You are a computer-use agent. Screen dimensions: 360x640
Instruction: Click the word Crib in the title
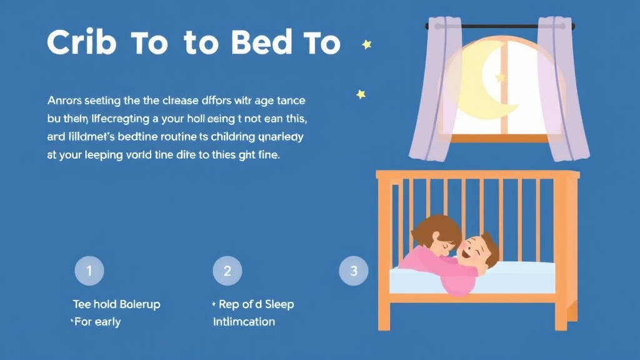[81, 43]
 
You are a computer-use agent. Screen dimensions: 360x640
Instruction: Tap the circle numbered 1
[89, 271]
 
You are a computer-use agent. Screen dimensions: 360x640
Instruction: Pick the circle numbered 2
[227, 271]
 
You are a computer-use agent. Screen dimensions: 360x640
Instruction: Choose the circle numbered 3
[354, 271]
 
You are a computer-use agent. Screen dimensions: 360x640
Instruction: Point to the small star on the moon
[500, 77]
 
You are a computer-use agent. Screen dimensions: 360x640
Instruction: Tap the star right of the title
[366, 44]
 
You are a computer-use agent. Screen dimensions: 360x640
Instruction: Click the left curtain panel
[431, 94]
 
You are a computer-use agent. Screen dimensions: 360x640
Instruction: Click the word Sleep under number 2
[279, 304]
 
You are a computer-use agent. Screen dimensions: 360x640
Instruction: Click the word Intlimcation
[244, 322]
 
